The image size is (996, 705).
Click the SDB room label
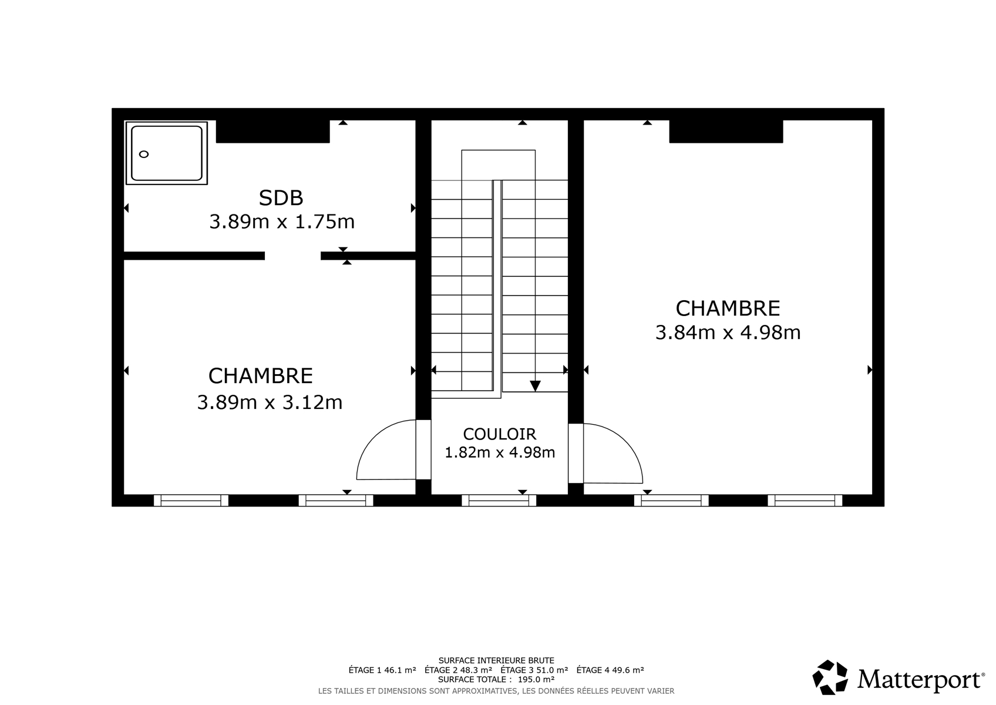pos(281,198)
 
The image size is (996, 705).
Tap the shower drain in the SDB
pos(144,155)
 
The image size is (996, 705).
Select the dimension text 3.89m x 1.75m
pos(282,221)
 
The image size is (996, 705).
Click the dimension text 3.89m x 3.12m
pos(270,402)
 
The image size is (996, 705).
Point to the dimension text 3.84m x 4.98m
pos(728,333)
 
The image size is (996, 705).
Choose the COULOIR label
pos(499,434)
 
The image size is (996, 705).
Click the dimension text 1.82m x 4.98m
pos(500,452)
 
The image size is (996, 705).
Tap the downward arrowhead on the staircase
pos(536,385)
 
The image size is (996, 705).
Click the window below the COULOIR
pos(499,501)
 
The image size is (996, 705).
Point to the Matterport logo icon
pos(830,677)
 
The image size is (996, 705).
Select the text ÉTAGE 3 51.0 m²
pos(534,670)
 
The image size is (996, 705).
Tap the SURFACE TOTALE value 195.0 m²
pos(536,679)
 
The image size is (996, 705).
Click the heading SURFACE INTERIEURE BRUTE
pos(496,660)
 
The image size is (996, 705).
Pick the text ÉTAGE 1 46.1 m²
pos(382,670)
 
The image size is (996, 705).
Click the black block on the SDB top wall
pos(272,132)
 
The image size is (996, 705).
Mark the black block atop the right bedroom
pos(726,132)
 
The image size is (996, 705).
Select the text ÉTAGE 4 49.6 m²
pos(610,670)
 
